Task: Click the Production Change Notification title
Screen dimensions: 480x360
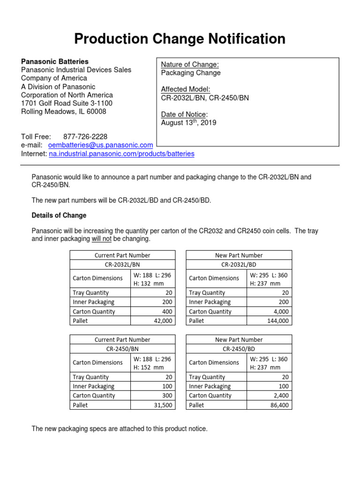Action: coord(180,39)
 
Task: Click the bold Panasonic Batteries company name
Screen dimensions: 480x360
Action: coord(55,61)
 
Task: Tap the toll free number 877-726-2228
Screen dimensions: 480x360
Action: coord(85,136)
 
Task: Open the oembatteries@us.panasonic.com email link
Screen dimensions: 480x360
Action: coord(100,145)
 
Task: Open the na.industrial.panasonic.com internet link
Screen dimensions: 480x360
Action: coord(121,154)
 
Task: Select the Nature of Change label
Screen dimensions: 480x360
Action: coord(190,65)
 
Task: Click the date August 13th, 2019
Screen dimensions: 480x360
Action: coord(189,123)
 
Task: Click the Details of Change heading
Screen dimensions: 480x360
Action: coord(59,215)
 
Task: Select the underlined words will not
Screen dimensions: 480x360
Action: coord(102,239)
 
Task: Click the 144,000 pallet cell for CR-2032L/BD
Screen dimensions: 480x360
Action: coord(277,321)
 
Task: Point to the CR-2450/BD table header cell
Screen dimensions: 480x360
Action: coord(239,349)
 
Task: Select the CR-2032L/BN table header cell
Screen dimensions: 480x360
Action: coord(123,264)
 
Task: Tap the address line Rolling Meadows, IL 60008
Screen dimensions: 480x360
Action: coord(64,112)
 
